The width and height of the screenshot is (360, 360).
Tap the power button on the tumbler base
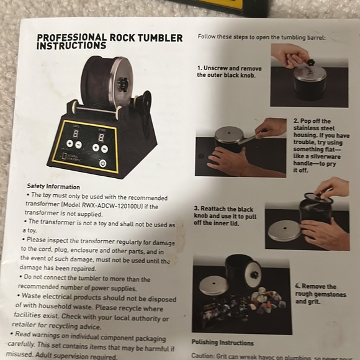click(x=102, y=164)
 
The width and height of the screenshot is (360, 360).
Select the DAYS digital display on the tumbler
click(x=75, y=134)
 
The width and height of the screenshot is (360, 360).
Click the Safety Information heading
click(x=53, y=186)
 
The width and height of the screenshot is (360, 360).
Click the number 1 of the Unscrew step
click(x=200, y=68)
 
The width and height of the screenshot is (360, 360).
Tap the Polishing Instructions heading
click(x=222, y=343)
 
